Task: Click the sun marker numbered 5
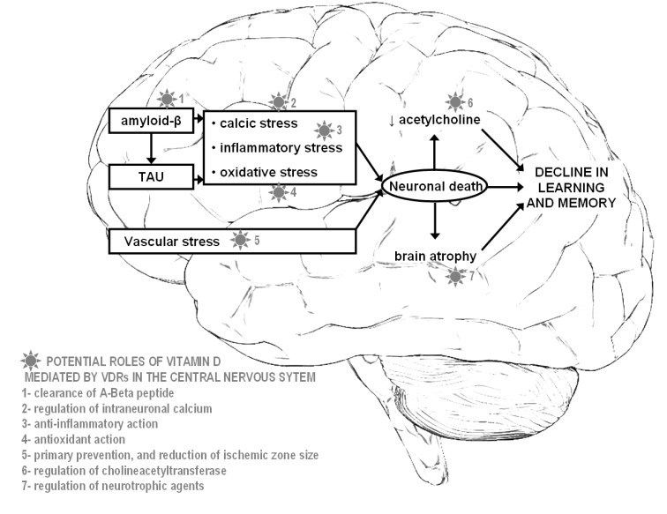[239, 238]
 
